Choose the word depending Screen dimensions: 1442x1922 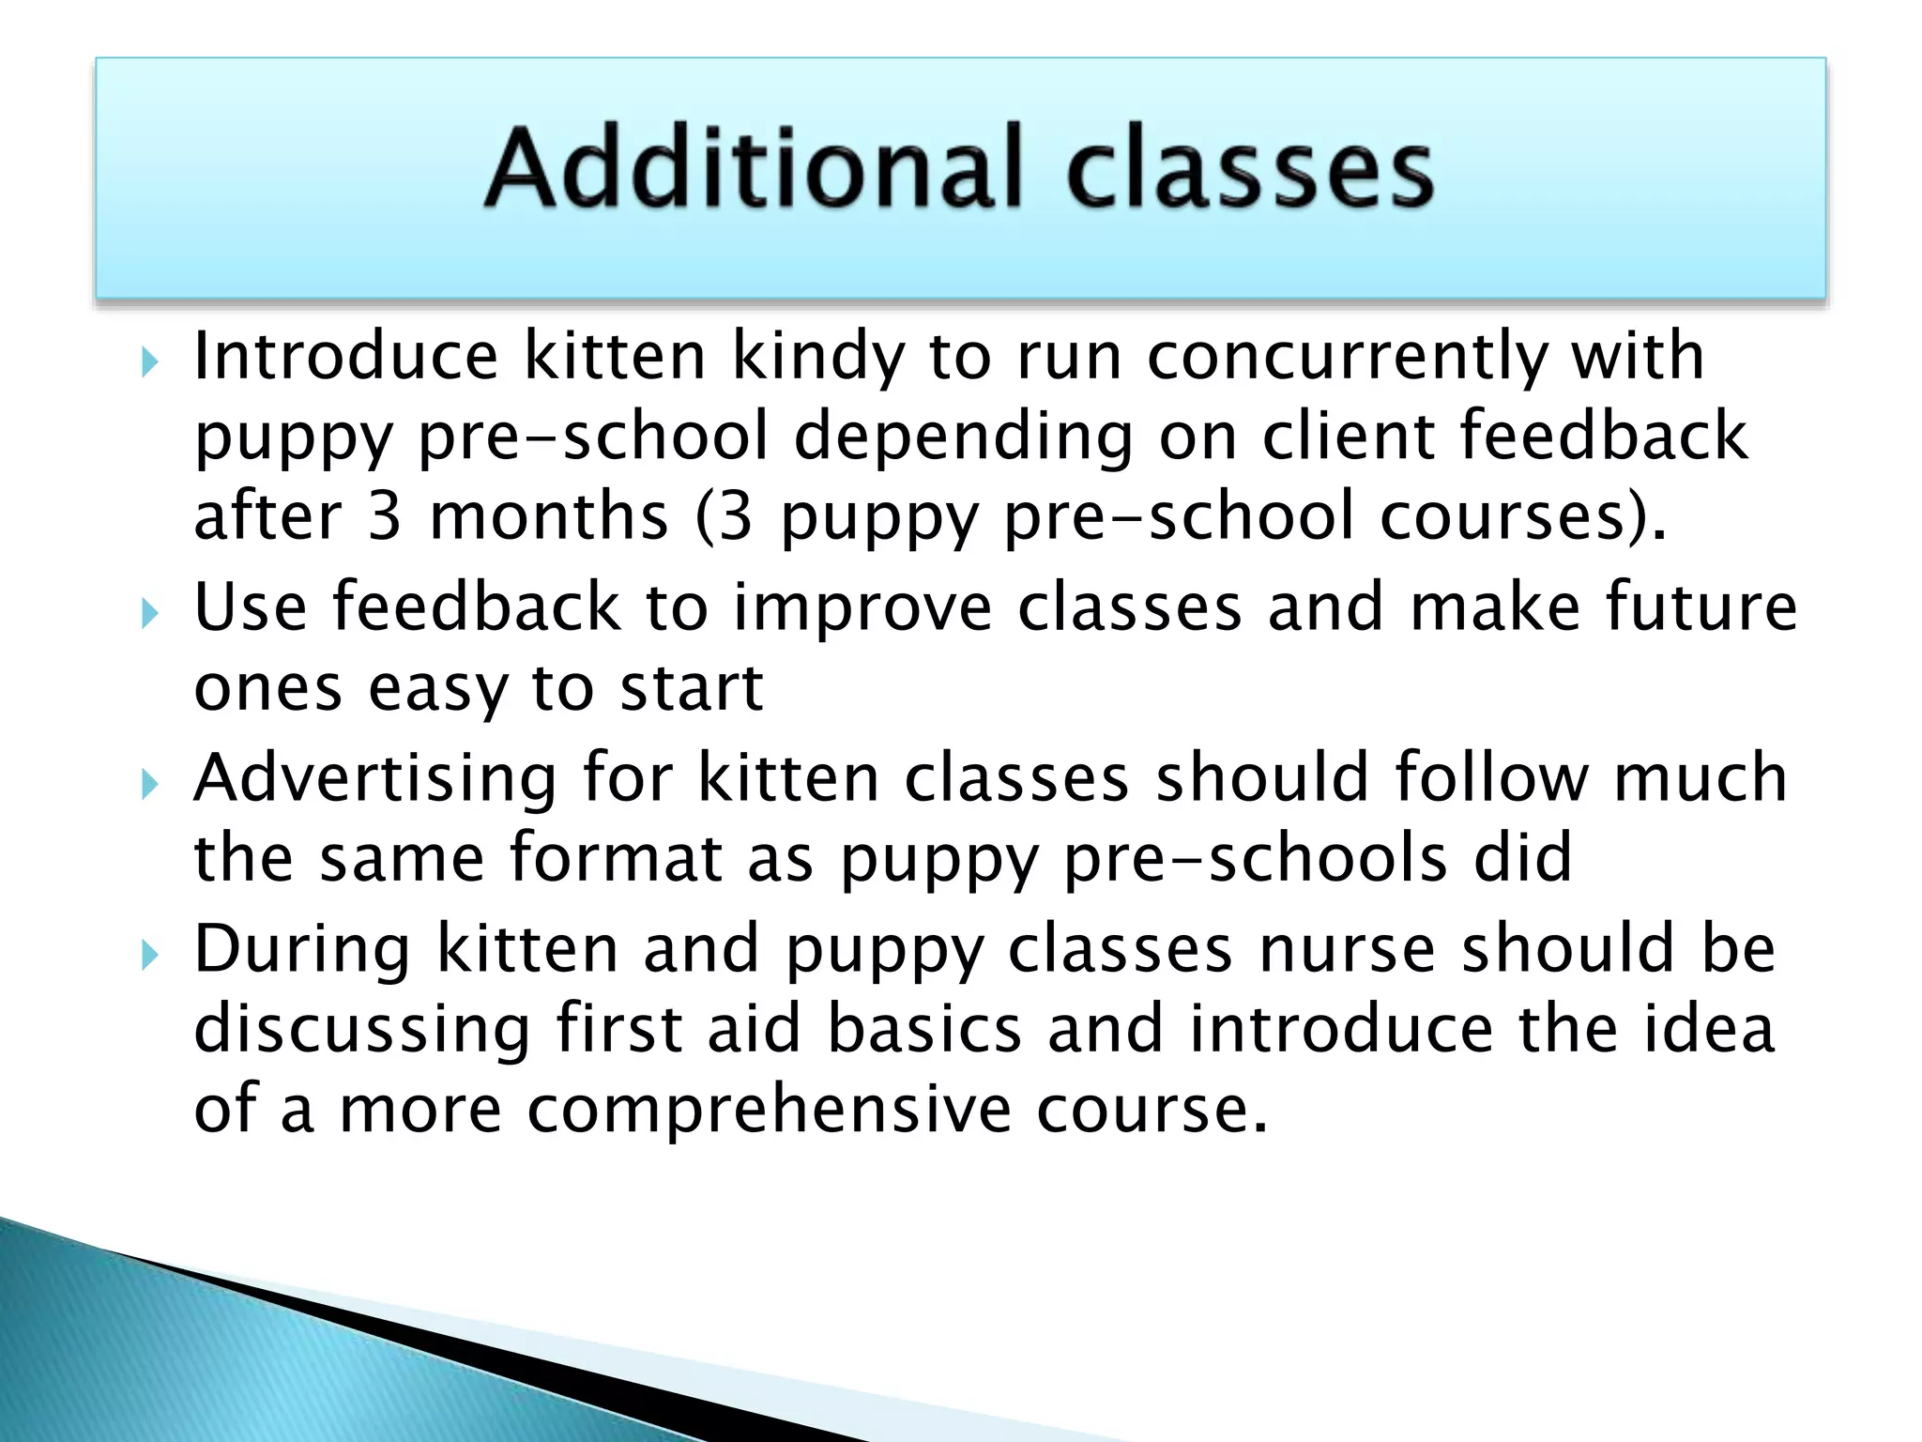click(x=964, y=437)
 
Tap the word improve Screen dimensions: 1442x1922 click(x=862, y=608)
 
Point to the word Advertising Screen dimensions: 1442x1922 click(x=375, y=779)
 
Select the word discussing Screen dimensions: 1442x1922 click(x=362, y=1030)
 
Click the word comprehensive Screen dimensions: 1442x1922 click(x=769, y=1110)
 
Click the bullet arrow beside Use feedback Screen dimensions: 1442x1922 click(x=149, y=614)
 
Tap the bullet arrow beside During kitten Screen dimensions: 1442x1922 click(x=149, y=956)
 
